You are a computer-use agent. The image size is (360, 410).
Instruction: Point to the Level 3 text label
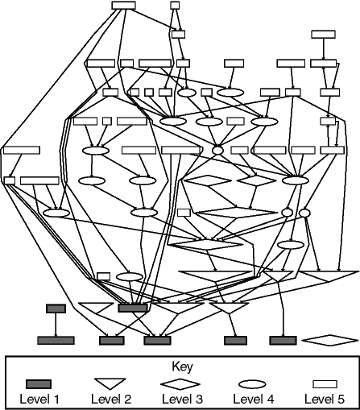coord(180,398)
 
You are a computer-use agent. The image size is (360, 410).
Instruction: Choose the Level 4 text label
coord(252,398)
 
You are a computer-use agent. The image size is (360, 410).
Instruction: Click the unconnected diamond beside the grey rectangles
coord(330,341)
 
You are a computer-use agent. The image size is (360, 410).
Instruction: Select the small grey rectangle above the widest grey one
coord(56,309)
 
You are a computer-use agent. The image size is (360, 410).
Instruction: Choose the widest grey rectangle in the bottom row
coord(56,341)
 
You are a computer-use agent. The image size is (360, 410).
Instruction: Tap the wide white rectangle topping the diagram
coord(123,6)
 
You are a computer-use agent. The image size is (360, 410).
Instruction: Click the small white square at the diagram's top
coord(175,6)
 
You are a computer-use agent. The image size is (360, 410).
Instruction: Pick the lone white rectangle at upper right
coord(323,34)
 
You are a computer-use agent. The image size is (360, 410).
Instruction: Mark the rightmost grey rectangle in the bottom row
coord(283,341)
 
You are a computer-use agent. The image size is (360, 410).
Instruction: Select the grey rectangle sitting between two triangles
coord(133,308)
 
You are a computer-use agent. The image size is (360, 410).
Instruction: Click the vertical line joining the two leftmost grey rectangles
coord(56,325)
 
